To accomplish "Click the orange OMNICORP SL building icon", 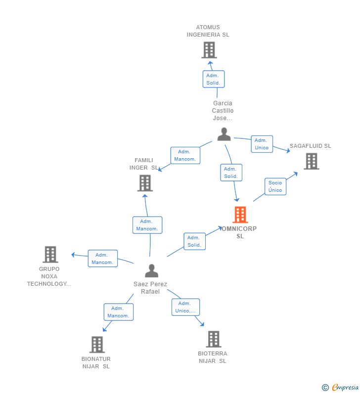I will (x=240, y=215).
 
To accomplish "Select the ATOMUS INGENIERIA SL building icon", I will (x=209, y=50).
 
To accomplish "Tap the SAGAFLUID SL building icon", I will (x=311, y=161).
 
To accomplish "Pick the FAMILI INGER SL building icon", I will (x=145, y=183).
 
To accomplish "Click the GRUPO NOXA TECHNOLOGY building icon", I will (x=50, y=255).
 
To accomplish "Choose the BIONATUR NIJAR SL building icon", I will (x=97, y=345).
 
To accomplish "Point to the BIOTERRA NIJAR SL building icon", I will (x=213, y=339).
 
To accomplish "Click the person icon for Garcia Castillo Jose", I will (x=224, y=134).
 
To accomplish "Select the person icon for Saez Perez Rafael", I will (x=151, y=271).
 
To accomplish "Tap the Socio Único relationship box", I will (x=275, y=186).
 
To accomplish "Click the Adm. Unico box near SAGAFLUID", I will (x=262, y=144).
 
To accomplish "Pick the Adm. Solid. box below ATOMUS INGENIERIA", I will (x=213, y=79).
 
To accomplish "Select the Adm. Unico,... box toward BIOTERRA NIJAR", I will (x=185, y=307).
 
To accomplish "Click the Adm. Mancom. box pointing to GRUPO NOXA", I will (x=103, y=259).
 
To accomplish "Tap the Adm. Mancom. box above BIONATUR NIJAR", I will (x=118, y=312).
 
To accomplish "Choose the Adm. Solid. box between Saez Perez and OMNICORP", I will (x=194, y=241).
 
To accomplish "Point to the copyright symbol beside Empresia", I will (x=325, y=388).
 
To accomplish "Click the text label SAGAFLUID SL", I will (x=310, y=146).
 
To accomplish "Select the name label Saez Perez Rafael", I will (x=150, y=288).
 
